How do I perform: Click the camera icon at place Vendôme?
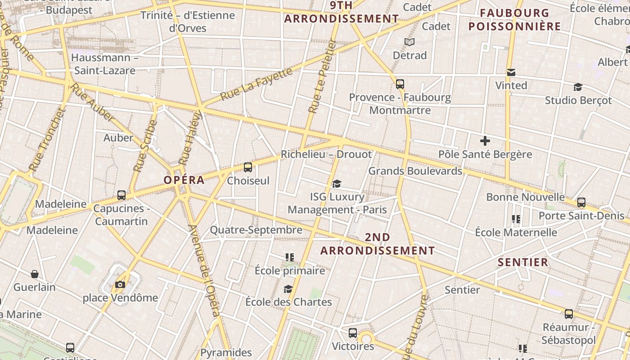coord(120,284)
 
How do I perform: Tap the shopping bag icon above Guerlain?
coord(35,274)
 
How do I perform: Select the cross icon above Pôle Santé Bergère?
coord(485,141)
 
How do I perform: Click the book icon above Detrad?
coord(409,42)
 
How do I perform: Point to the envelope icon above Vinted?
coord(511,72)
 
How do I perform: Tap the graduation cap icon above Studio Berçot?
coord(578,87)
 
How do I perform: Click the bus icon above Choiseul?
coord(247,167)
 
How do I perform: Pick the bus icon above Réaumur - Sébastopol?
coord(569,314)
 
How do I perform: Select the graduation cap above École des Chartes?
coord(288,289)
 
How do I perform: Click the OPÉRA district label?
coord(184,180)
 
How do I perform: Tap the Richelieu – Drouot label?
coord(326,154)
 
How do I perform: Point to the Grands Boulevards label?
coord(415,171)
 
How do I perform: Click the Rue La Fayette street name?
coord(256,84)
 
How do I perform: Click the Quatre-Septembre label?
coord(256,230)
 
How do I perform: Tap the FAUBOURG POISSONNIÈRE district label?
coord(515,19)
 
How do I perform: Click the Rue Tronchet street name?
coord(47,139)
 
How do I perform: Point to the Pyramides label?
coord(226,352)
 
